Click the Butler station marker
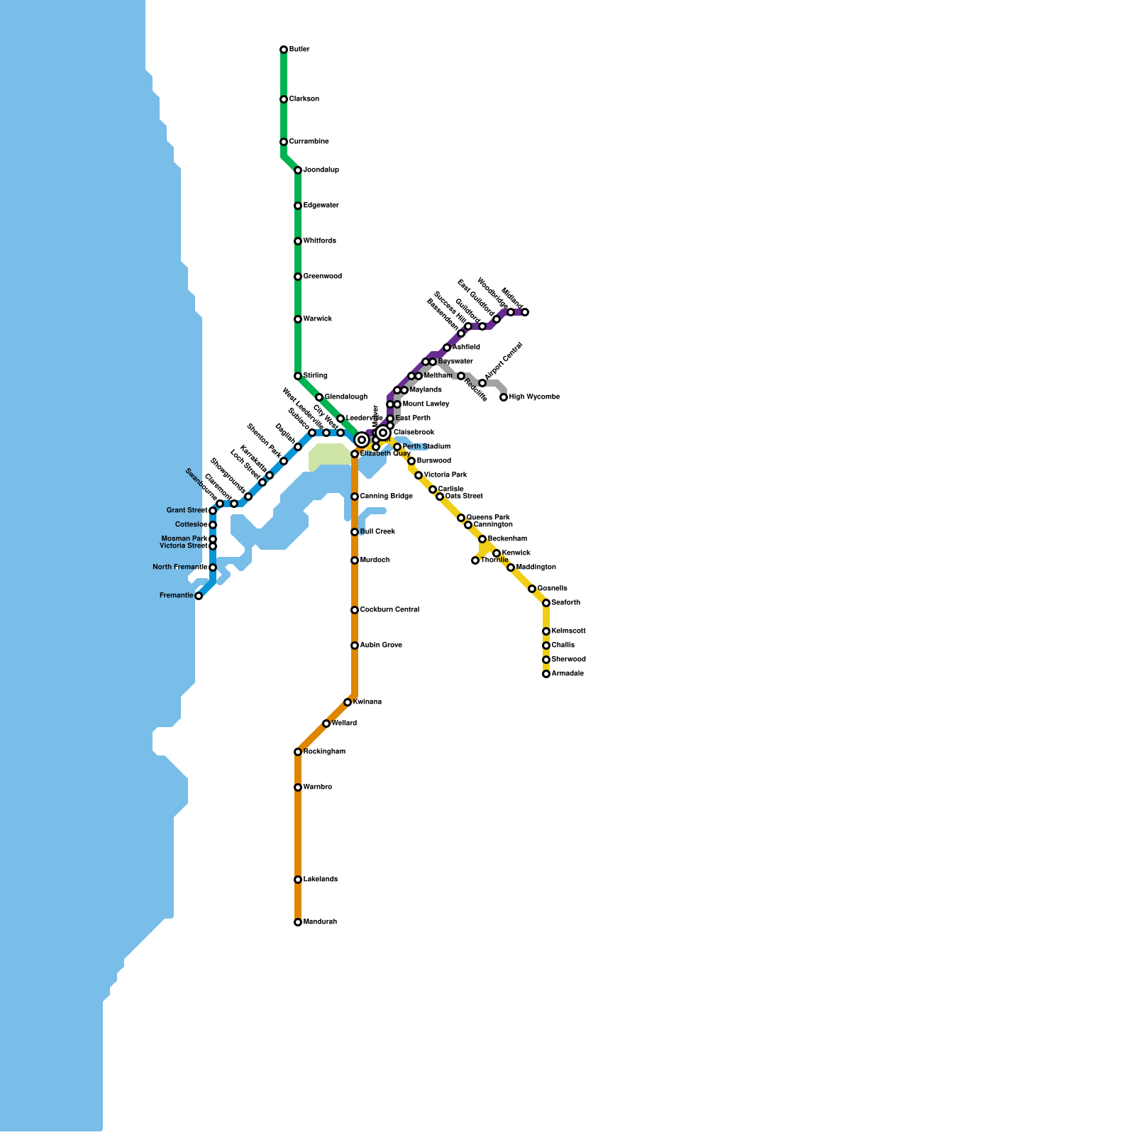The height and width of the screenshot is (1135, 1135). (x=284, y=50)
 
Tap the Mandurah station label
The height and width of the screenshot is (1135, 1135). (x=320, y=922)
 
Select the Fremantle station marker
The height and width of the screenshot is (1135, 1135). (x=199, y=596)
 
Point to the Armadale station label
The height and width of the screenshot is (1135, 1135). (x=567, y=674)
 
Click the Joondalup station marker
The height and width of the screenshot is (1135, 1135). (x=298, y=170)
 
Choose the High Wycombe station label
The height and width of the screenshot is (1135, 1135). (x=534, y=397)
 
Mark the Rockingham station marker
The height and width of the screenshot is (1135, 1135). (x=298, y=752)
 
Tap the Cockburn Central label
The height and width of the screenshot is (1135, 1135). (x=389, y=610)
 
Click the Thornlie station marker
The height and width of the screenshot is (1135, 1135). (x=475, y=560)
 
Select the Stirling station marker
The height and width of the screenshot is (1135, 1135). (x=298, y=376)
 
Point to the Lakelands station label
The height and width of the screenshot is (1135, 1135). (x=320, y=880)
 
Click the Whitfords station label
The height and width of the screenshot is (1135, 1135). (x=319, y=241)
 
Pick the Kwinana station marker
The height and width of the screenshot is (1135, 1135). (x=348, y=702)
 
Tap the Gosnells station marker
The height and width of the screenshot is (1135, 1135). (x=532, y=589)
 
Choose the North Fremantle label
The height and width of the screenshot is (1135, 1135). (x=179, y=567)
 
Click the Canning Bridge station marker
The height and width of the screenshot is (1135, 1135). (x=355, y=497)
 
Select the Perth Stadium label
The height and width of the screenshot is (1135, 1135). (x=426, y=447)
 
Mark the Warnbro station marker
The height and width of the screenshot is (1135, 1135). (x=298, y=787)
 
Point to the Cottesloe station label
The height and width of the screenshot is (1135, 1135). (x=191, y=525)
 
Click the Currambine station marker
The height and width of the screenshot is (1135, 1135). (x=284, y=142)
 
